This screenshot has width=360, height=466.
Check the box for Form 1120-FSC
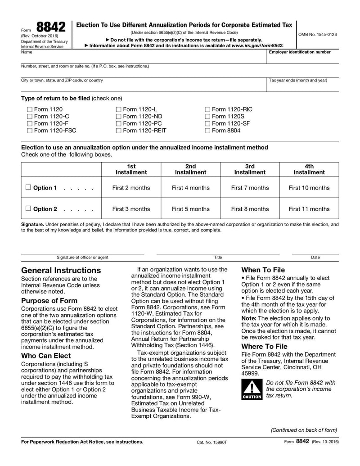point(30,131)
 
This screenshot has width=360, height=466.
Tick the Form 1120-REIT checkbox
point(119,131)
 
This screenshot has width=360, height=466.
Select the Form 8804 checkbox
point(207,131)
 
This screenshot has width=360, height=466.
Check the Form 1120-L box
point(119,109)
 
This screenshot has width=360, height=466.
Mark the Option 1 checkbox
point(28,188)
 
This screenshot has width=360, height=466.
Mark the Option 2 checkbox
point(28,208)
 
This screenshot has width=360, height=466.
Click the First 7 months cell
point(250,188)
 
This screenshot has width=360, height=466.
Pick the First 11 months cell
point(309,209)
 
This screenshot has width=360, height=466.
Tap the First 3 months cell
point(131,209)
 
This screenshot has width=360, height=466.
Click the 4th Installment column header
point(309,169)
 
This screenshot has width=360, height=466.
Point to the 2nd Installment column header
point(190,169)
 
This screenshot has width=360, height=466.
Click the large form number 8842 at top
point(51,27)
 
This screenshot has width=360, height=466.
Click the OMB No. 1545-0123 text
point(317,34)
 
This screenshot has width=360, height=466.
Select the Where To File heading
point(264,346)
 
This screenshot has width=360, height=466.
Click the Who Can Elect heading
point(46,356)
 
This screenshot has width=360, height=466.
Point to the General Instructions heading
point(61,270)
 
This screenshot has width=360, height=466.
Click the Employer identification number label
point(299,52)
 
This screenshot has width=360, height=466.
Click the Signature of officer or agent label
point(82,257)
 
